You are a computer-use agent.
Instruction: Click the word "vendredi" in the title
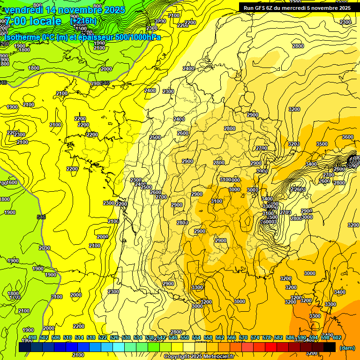click(23, 10)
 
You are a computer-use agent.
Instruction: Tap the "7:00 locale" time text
click(33, 21)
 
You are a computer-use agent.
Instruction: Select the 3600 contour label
click(348, 137)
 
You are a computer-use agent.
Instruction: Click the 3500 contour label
click(322, 144)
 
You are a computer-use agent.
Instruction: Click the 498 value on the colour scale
click(32, 337)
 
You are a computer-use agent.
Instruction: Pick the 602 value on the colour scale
click(337, 337)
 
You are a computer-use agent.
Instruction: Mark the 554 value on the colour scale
click(196, 337)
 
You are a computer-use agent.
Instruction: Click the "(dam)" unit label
click(347, 347)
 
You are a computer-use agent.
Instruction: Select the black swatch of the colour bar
click(329, 347)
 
